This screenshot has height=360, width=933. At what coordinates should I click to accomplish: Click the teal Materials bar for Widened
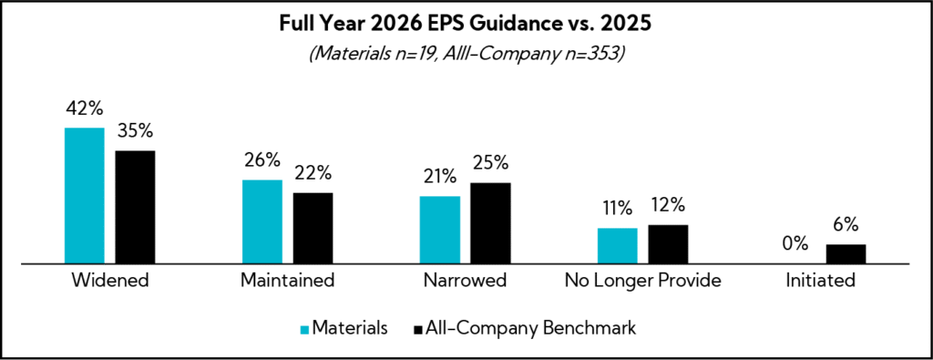coord(84,195)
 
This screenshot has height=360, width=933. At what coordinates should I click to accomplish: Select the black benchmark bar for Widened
coord(135,207)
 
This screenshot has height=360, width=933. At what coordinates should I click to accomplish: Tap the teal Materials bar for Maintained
coord(261,221)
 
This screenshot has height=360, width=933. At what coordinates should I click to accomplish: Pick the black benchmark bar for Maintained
coord(313,228)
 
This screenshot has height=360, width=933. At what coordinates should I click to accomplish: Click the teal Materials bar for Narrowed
coord(439,230)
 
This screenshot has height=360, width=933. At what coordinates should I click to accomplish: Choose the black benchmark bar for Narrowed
coord(490,222)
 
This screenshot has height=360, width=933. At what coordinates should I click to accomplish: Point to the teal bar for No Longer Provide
coord(617,245)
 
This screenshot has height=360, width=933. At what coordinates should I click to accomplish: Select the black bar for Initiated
coord(846,253)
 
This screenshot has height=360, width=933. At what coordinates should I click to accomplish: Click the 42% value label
coord(84,109)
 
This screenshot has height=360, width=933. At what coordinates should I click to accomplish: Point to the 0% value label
coord(795,244)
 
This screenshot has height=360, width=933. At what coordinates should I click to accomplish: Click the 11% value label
coord(617,209)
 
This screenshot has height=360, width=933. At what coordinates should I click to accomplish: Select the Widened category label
coord(109,281)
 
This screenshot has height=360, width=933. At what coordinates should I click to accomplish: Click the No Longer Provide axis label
coord(642,281)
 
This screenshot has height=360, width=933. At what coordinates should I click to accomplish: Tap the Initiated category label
coord(820,281)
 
